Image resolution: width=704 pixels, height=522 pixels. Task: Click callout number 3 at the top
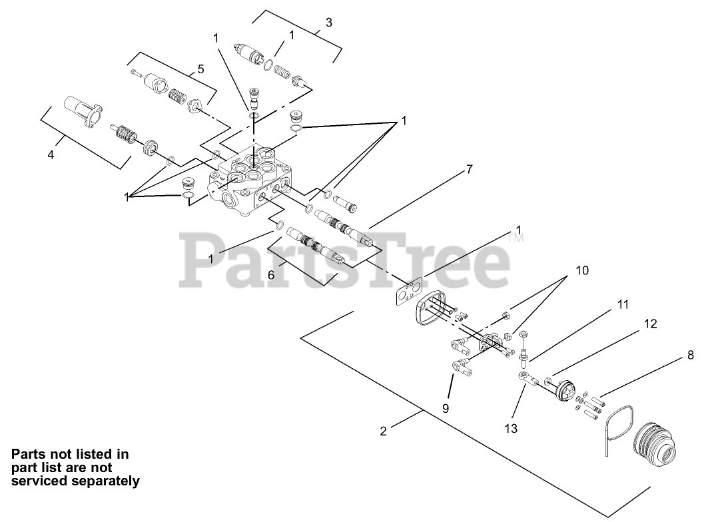pyautogui.click(x=328, y=22)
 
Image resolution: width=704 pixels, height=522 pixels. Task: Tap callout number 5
pyautogui.click(x=200, y=69)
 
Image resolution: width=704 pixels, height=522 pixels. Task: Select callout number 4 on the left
pyautogui.click(x=51, y=155)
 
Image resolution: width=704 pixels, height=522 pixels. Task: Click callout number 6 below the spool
pyautogui.click(x=271, y=274)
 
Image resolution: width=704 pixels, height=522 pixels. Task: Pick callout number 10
pyautogui.click(x=582, y=270)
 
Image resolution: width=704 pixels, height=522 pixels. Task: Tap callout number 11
pyautogui.click(x=622, y=304)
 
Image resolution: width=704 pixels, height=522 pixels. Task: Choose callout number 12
pyautogui.click(x=650, y=324)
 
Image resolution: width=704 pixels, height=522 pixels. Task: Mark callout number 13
pyautogui.click(x=511, y=428)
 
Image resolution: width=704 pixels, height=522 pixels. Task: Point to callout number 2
pyautogui.click(x=383, y=430)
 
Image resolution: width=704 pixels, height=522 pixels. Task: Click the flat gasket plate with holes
pyautogui.click(x=406, y=292)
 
